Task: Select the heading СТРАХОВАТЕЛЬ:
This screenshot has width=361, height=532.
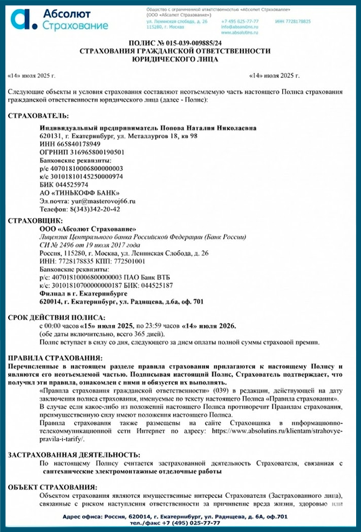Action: [38, 116]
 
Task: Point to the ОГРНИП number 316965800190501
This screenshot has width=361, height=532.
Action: [81, 153]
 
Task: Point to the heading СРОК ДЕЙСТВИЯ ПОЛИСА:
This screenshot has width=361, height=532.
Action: [57, 317]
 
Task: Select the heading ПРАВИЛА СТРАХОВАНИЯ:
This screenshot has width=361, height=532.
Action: [55, 358]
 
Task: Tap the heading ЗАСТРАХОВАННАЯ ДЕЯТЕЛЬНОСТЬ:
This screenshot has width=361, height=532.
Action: [74, 455]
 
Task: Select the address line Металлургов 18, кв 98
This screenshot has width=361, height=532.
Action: [147, 136]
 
